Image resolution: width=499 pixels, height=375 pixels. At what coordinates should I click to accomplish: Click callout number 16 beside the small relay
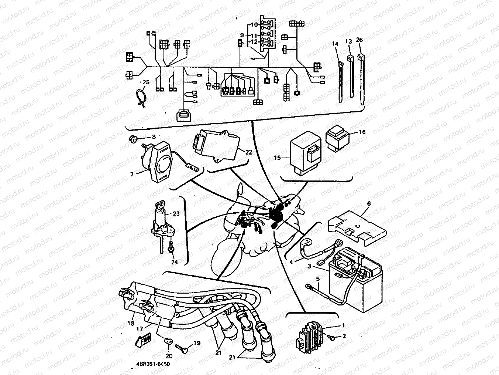(362, 132)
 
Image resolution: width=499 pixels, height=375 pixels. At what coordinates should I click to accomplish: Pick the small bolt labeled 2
(331, 337)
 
